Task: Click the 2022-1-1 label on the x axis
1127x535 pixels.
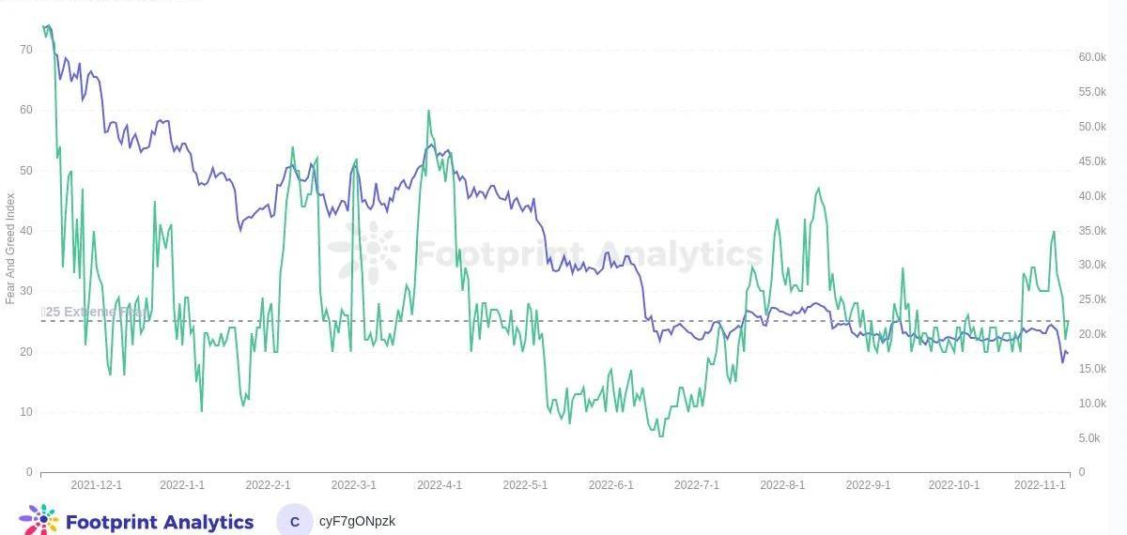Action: (x=182, y=485)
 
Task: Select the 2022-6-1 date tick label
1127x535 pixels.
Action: (x=610, y=485)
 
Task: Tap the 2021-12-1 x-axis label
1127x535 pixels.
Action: (x=97, y=485)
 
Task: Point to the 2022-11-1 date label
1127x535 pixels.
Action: (x=1040, y=485)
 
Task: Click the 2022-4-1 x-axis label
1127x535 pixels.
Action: (x=440, y=485)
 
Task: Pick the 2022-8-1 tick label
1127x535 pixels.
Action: (x=782, y=485)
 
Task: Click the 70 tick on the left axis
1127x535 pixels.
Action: (x=26, y=49)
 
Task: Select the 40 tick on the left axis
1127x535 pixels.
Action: (x=26, y=231)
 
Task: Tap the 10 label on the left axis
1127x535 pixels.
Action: (x=26, y=412)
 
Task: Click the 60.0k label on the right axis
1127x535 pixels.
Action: (x=1092, y=57)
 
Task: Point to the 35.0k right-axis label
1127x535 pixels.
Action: (x=1092, y=231)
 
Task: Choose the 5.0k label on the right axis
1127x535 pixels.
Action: (x=1089, y=438)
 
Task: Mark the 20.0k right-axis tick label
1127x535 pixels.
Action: (x=1092, y=334)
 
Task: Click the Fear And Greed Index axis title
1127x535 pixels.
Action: (x=10, y=248)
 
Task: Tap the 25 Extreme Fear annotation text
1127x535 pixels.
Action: (x=94, y=312)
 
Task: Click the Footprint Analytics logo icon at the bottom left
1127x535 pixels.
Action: (x=39, y=520)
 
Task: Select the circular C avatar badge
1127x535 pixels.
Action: (x=295, y=522)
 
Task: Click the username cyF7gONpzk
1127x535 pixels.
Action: (x=357, y=521)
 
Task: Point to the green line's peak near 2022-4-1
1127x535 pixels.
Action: (x=429, y=111)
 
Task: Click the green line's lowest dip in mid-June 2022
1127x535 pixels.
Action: (x=661, y=436)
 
